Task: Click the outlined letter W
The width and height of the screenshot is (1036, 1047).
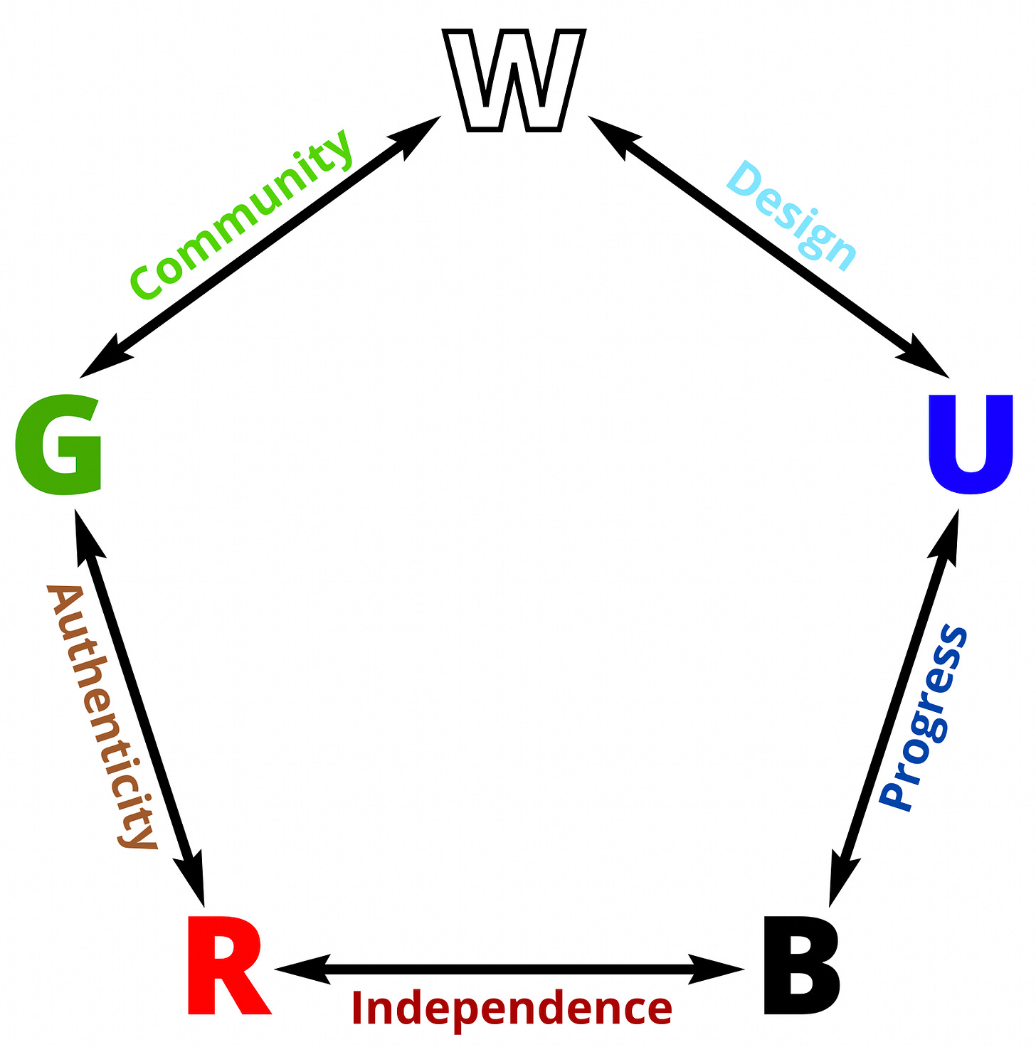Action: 514,80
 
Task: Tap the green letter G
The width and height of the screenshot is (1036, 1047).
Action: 59,444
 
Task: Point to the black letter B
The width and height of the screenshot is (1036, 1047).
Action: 800,966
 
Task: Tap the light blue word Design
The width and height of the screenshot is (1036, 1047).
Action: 791,216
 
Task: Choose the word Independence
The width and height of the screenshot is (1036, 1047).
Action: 512,1008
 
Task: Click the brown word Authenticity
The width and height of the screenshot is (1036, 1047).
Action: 100,717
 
